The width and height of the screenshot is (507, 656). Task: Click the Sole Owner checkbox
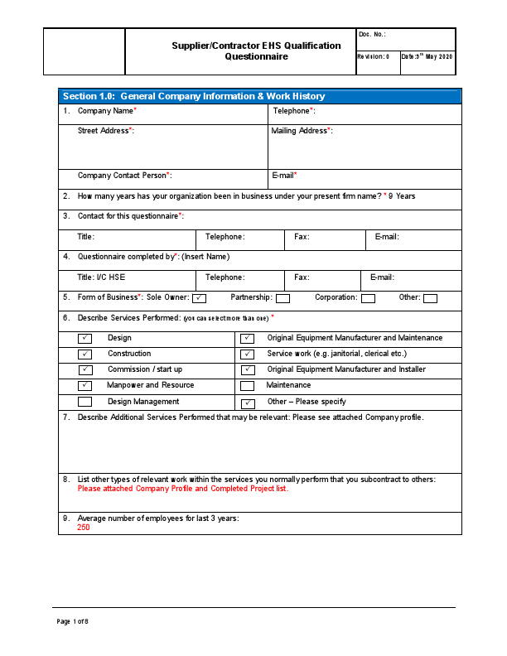click(x=199, y=298)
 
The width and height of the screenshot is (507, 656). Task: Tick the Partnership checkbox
click(x=282, y=298)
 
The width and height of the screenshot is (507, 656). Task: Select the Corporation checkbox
click(x=368, y=298)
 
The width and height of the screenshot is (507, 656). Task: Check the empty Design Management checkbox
click(x=84, y=402)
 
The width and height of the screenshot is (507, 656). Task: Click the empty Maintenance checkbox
click(x=247, y=386)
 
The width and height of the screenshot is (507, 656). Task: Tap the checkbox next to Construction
click(x=84, y=355)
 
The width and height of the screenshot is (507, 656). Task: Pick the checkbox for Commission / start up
click(x=84, y=370)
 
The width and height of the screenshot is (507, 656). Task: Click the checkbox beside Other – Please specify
click(x=247, y=403)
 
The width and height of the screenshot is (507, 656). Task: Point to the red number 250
click(x=84, y=528)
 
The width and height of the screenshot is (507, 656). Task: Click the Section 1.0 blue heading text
click(x=194, y=97)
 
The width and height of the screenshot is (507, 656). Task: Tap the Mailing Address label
click(x=302, y=131)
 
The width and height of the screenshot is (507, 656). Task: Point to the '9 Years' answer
click(x=402, y=196)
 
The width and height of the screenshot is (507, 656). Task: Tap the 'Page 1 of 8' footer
click(x=72, y=621)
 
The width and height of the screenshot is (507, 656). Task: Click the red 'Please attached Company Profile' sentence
click(x=182, y=489)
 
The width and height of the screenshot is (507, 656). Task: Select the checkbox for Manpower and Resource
click(x=84, y=386)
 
